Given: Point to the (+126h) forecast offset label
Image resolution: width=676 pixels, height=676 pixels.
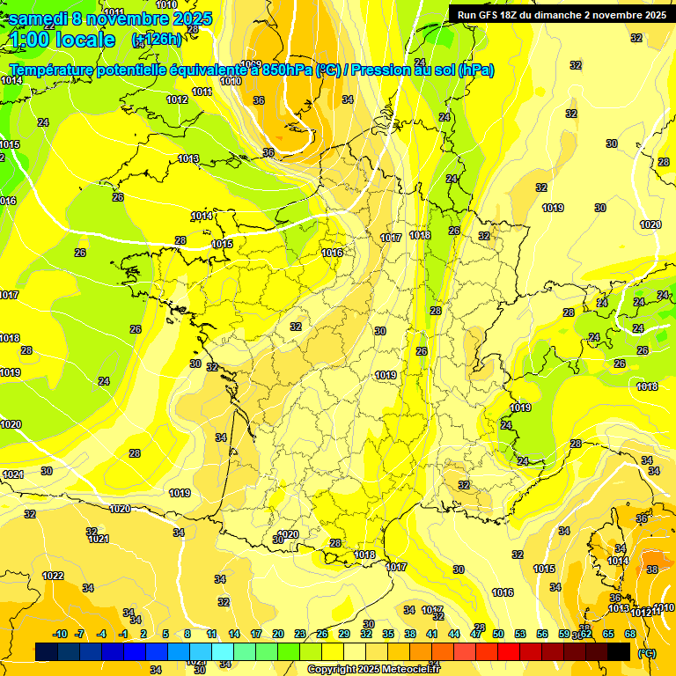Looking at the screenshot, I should point(156,40).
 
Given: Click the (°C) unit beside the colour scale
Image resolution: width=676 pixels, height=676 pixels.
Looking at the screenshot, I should point(647,654).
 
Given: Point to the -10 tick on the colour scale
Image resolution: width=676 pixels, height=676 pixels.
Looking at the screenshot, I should point(61,634).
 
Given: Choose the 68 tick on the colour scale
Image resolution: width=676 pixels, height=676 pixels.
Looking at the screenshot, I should point(630,634).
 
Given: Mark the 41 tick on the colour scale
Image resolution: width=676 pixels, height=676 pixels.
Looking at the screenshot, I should point(432,634).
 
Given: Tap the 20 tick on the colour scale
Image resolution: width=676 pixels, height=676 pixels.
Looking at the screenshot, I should point(278,634).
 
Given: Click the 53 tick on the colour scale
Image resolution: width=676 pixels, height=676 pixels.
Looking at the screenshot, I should point(520,634).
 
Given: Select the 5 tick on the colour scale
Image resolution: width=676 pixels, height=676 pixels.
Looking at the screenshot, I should point(166,634).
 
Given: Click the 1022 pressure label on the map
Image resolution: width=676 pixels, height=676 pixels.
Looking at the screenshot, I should point(53,576).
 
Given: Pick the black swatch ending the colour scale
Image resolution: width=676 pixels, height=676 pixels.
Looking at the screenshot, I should point(619,651).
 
